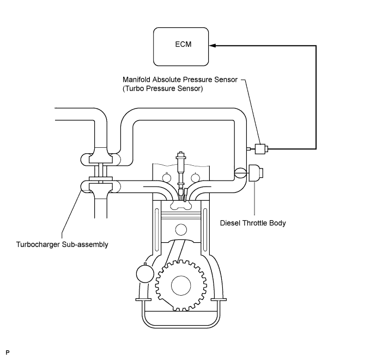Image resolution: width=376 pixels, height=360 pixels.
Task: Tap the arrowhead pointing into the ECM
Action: click(213, 45)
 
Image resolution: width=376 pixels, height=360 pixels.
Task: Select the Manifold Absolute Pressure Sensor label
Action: click(180, 80)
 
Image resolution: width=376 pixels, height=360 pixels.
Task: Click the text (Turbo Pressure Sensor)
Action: click(162, 88)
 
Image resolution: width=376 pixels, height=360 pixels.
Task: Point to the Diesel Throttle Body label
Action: click(253, 223)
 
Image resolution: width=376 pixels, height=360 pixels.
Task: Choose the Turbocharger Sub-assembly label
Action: click(62, 244)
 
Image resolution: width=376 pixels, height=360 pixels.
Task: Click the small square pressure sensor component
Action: click(260, 149)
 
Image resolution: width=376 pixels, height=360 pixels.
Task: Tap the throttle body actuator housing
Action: click(256, 173)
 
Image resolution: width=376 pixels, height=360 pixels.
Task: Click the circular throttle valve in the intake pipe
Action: click(240, 173)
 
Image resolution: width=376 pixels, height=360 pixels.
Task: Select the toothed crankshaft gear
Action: click(181, 285)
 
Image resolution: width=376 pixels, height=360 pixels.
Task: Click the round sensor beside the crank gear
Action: click(145, 273)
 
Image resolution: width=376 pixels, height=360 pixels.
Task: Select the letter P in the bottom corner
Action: click(8, 352)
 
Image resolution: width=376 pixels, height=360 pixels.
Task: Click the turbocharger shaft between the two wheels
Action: click(101, 171)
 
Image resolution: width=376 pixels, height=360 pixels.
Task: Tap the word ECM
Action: click(183, 44)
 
